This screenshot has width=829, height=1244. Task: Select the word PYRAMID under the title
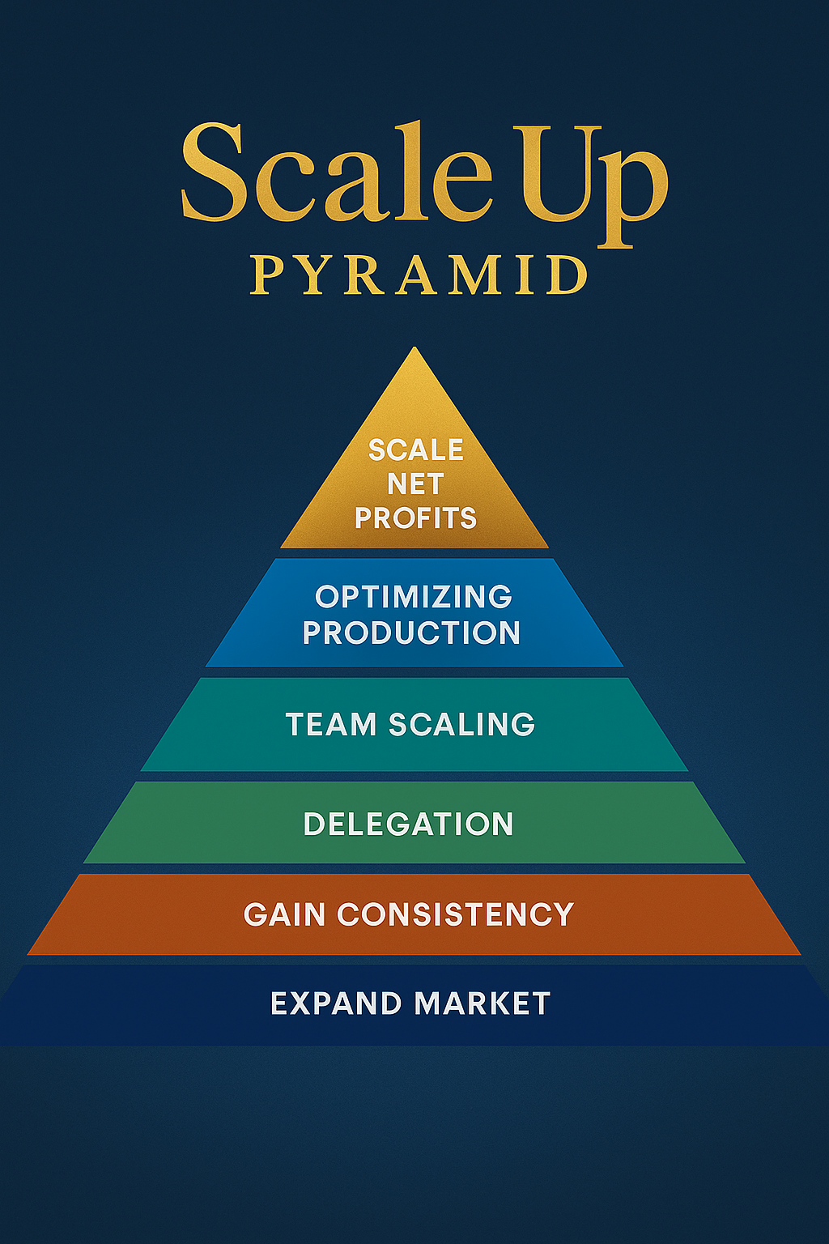click(418, 275)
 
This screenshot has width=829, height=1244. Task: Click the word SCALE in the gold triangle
click(415, 449)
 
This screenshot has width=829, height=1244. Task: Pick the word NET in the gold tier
click(415, 484)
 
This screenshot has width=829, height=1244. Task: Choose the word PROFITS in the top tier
click(415, 518)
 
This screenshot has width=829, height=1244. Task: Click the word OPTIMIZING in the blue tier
click(414, 597)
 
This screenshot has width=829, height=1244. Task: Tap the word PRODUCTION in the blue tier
click(411, 633)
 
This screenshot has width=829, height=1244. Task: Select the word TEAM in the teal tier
click(330, 724)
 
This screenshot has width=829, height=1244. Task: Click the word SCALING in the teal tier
click(461, 724)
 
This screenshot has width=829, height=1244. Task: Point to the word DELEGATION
click(409, 824)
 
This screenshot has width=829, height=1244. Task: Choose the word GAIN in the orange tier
click(283, 915)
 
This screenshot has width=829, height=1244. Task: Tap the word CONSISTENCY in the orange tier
click(456, 915)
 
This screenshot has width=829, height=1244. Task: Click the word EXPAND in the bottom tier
click(336, 1004)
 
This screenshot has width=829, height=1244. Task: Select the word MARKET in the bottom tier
click(483, 1004)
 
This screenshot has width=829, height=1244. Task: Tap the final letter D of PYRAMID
click(567, 275)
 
